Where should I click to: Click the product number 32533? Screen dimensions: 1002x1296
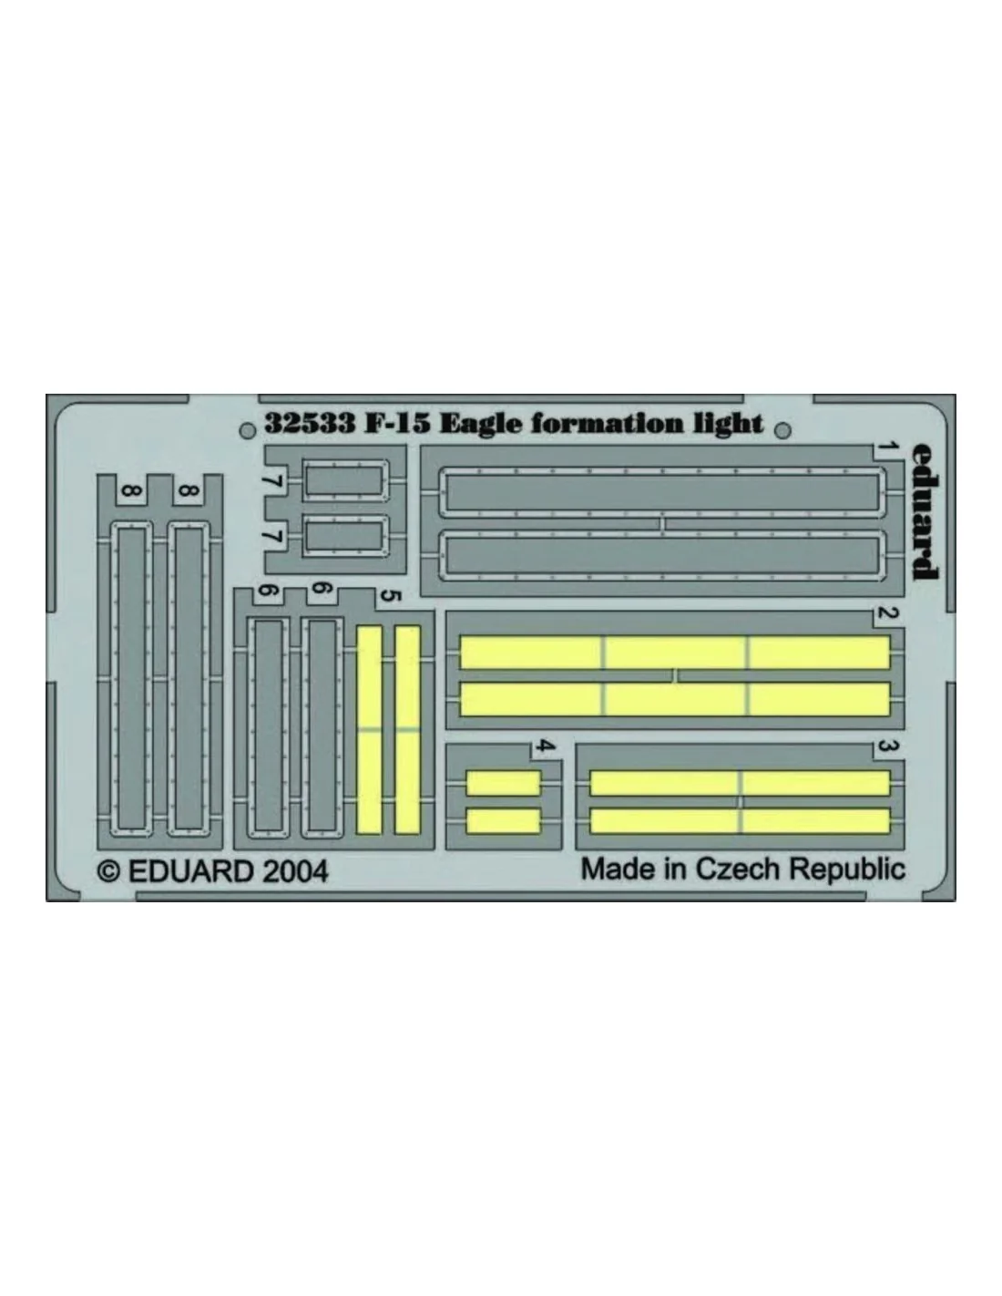tap(310, 423)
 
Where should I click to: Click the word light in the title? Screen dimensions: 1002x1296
tap(728, 424)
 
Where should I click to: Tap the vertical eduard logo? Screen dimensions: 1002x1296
tap(925, 510)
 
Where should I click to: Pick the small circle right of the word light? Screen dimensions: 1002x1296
tap(783, 430)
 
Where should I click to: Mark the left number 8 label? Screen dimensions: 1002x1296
tap(132, 492)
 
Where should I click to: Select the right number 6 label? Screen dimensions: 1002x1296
tap(321, 590)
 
